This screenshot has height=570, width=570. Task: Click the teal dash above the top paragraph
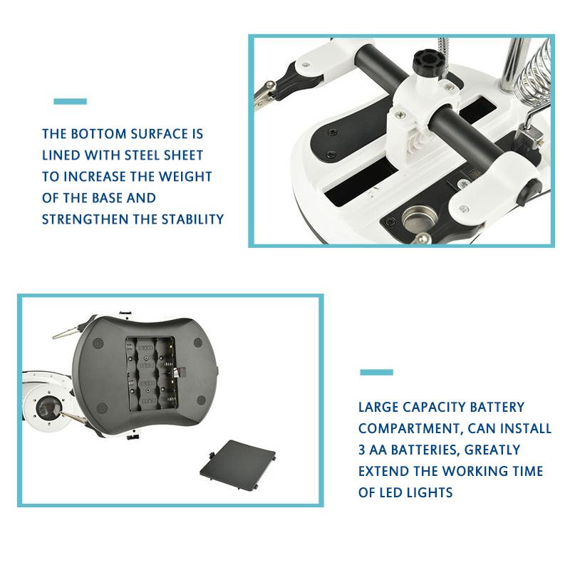tap(70, 101)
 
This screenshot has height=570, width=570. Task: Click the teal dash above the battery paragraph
tap(376, 372)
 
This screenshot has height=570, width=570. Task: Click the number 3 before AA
tap(363, 450)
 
